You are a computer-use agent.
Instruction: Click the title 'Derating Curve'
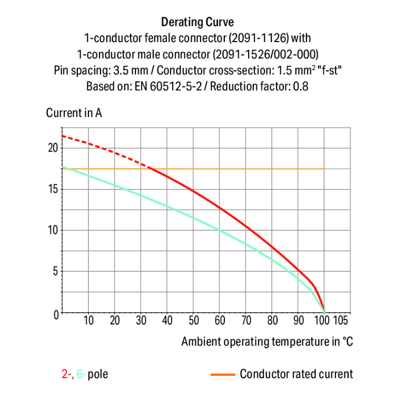point(197,22)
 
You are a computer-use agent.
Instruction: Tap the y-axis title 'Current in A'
point(74,113)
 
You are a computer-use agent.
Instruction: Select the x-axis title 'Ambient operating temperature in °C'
point(267,341)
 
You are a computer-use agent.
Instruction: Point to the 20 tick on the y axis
point(52,148)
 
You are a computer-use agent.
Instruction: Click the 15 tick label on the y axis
point(52,189)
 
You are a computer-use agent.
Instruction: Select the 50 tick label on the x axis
point(193,320)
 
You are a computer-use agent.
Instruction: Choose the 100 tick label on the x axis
point(323,320)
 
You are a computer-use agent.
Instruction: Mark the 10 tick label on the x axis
point(88,320)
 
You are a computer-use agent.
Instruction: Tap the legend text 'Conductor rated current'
point(297,374)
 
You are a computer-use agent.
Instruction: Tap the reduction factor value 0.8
point(300,86)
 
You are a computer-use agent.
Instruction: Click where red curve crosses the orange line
point(150,169)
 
